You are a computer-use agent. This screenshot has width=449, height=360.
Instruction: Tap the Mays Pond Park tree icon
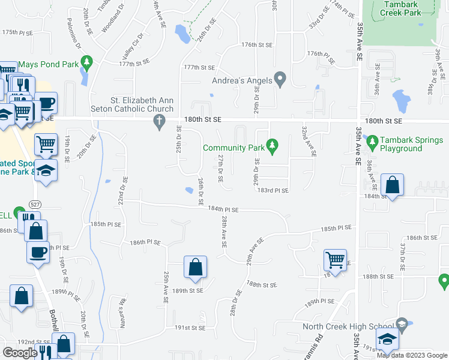(87, 62)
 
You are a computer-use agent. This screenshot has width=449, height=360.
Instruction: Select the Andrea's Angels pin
(280, 79)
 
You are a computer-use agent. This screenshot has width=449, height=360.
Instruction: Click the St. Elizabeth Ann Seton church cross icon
(160, 123)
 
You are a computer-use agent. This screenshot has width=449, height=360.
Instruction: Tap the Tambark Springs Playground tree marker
(372, 143)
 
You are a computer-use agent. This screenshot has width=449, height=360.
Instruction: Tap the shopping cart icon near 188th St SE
(334, 260)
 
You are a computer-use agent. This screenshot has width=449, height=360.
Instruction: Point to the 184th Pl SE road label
(223, 210)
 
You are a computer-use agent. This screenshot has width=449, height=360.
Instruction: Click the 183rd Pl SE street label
(273, 191)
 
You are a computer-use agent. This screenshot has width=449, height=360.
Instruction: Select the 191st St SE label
(190, 328)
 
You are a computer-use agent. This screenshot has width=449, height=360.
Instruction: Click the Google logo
(20, 353)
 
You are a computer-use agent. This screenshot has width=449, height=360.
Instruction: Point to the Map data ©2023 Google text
(412, 355)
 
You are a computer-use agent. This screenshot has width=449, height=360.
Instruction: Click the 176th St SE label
(257, 45)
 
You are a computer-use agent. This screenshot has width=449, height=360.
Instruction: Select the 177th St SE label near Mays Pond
(134, 63)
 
